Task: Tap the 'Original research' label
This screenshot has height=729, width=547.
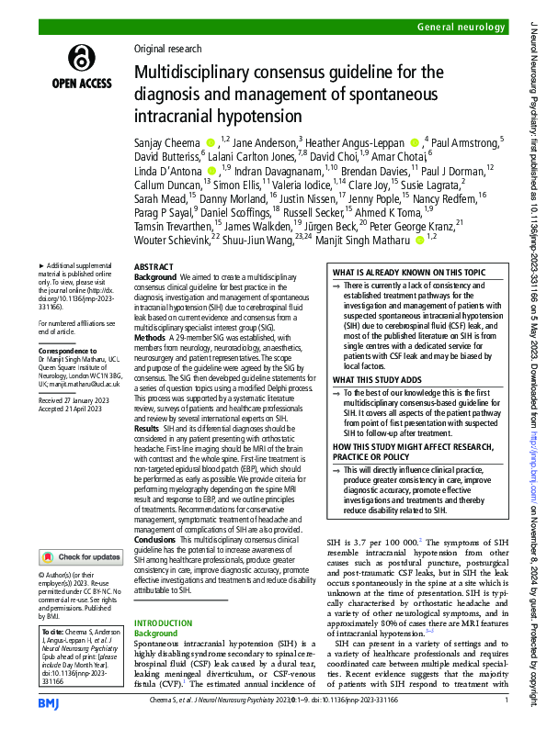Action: point(167,49)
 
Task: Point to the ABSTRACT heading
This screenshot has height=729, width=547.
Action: point(153,266)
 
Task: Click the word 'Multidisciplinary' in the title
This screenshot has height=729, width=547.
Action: point(182,73)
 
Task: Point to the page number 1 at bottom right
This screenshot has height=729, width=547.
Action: point(507,701)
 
